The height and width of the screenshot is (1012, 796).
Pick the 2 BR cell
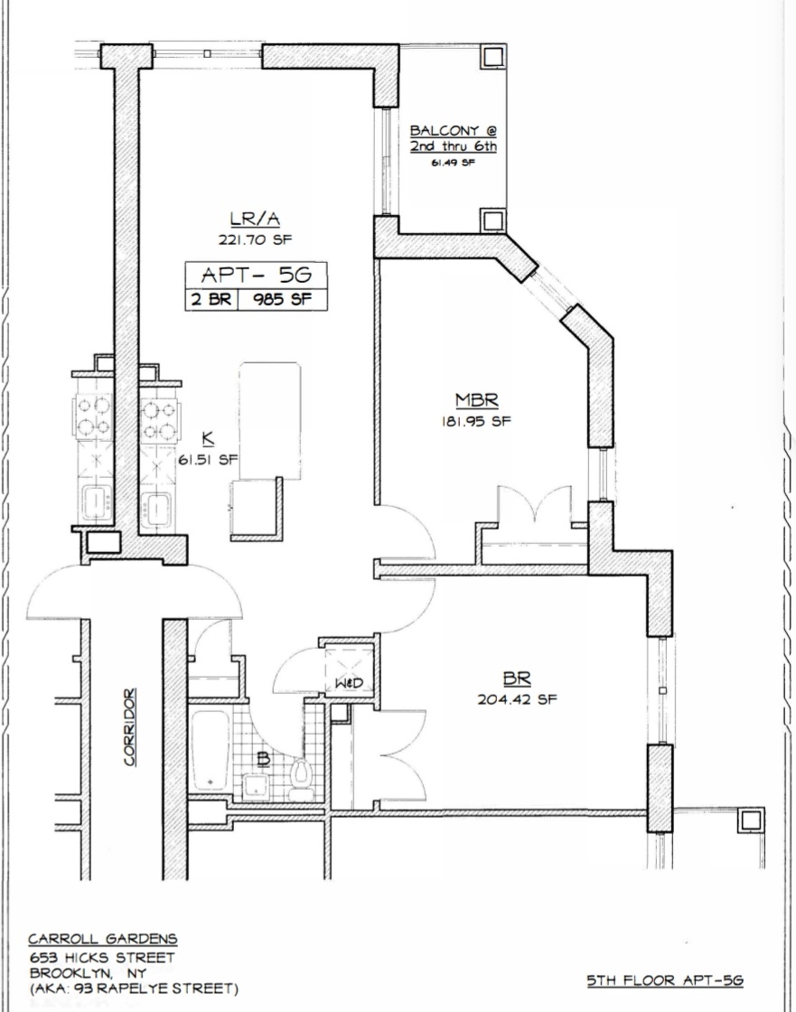(211, 300)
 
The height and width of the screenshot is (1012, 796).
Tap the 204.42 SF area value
(517, 698)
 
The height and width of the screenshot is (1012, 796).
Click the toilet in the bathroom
(302, 776)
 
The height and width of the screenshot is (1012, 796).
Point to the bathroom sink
(257, 784)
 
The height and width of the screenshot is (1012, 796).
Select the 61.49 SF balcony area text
(453, 163)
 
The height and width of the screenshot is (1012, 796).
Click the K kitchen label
(208, 439)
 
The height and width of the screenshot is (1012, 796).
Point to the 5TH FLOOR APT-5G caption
(664, 980)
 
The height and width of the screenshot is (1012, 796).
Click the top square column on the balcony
(492, 57)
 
